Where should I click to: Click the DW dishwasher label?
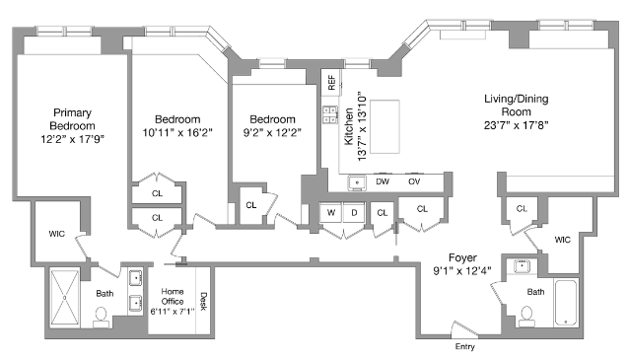383,182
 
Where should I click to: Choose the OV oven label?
414,182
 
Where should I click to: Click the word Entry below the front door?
465,347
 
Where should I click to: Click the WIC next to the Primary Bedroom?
56,234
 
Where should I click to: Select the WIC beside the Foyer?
563,240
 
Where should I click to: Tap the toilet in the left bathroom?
101,317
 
